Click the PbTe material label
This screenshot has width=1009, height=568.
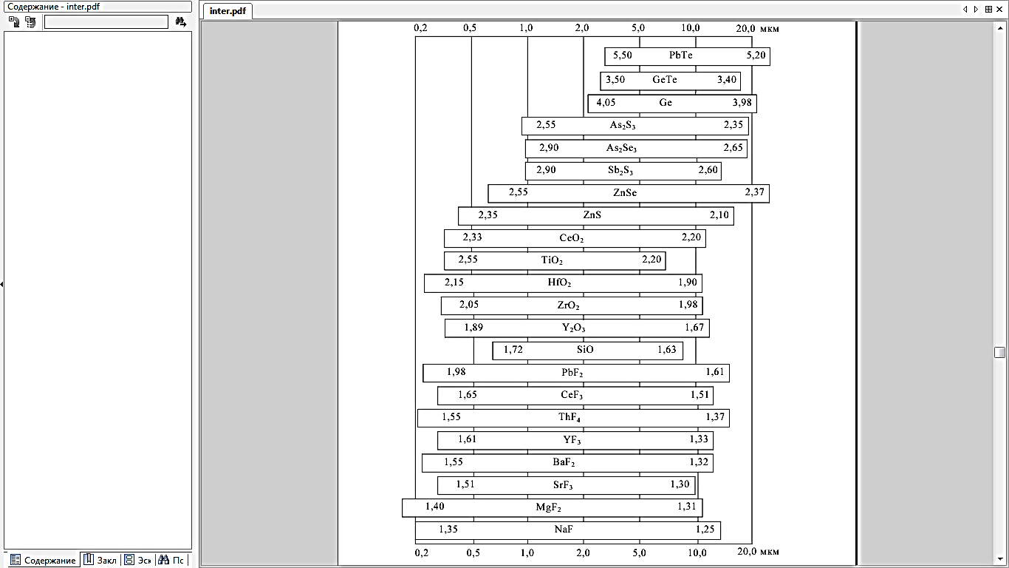pyautogui.click(x=680, y=55)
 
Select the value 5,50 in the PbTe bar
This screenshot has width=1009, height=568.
pyautogui.click(x=623, y=55)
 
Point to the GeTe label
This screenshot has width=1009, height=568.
pyautogui.click(x=665, y=80)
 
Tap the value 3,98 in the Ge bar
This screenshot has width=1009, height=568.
pyautogui.click(x=742, y=103)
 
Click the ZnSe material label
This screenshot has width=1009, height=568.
pyautogui.click(x=625, y=193)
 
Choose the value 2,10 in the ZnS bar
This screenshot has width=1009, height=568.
pyautogui.click(x=719, y=215)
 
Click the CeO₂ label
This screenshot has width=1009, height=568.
pyautogui.click(x=572, y=238)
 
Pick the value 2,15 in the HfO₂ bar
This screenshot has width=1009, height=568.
pyautogui.click(x=454, y=283)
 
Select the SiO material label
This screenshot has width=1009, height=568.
pyautogui.click(x=585, y=350)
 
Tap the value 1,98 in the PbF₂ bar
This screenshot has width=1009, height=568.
pyautogui.click(x=456, y=372)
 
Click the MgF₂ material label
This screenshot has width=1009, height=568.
pyautogui.click(x=549, y=507)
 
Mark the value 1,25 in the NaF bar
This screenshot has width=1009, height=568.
pyautogui.click(x=705, y=530)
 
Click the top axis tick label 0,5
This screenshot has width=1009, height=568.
pyautogui.click(x=470, y=28)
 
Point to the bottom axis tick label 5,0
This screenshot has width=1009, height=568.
pyautogui.click(x=639, y=552)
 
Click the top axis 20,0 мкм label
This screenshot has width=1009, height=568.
pyautogui.click(x=757, y=28)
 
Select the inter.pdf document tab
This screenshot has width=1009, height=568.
pyautogui.click(x=228, y=11)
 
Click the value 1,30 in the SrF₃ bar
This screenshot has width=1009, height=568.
pyautogui.click(x=680, y=484)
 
